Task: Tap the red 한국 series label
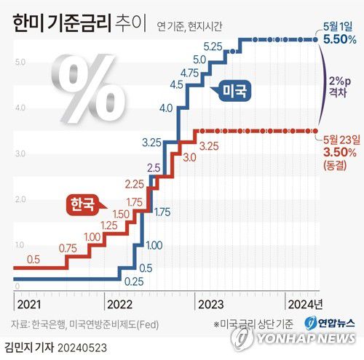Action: [82, 204]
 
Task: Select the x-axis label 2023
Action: [209, 304]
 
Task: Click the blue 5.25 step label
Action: [213, 46]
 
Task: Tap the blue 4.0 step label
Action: [165, 108]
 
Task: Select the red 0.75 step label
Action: [68, 249]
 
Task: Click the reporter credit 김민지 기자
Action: [34, 348]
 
